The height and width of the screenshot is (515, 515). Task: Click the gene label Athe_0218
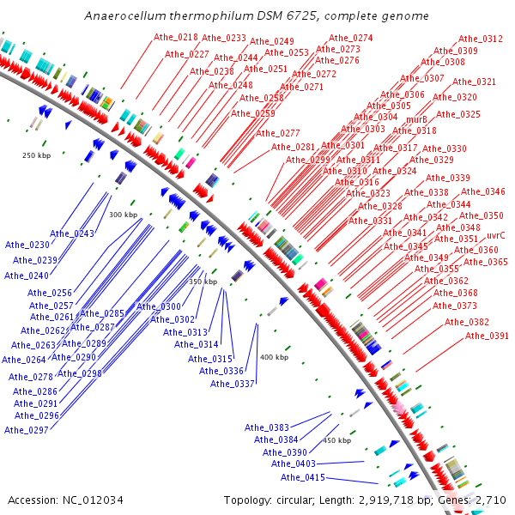click(175, 38)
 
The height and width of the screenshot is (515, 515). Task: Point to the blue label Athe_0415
click(303, 477)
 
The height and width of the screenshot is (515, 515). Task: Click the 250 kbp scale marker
click(37, 155)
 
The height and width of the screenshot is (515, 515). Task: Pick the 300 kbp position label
click(124, 215)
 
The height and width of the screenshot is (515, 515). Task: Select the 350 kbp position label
click(203, 282)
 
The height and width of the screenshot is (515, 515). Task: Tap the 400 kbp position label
click(274, 357)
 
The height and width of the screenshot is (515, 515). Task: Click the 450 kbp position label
click(336, 440)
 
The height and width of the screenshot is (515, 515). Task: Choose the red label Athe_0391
click(486, 336)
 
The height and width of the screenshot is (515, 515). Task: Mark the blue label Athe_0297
click(26, 429)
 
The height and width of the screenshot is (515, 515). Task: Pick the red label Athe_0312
click(481, 39)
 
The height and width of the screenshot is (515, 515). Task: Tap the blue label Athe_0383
click(267, 427)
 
